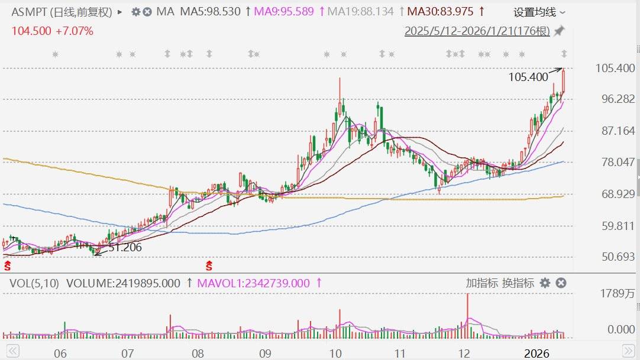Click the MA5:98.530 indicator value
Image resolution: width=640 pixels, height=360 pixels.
[211, 11]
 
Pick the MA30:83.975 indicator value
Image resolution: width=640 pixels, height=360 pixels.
[441, 11]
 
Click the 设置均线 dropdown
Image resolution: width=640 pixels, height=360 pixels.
[539, 12]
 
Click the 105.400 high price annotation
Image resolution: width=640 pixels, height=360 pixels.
[528, 77]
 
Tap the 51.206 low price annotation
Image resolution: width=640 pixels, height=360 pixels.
[125, 248]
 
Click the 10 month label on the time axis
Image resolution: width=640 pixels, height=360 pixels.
[335, 353]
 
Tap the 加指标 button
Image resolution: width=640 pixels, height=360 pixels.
[481, 283]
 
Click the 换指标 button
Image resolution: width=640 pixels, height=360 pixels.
[518, 283]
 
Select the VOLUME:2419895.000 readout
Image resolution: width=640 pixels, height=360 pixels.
[123, 283]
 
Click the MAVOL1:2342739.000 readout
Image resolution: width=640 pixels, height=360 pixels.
[253, 283]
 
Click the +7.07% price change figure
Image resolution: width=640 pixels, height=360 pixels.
[75, 31]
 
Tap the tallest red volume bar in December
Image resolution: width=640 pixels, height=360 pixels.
[467, 316]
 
